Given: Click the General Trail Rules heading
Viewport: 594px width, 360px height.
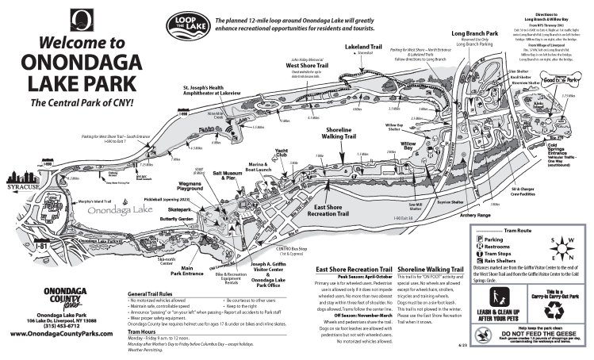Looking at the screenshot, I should click(159, 293).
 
